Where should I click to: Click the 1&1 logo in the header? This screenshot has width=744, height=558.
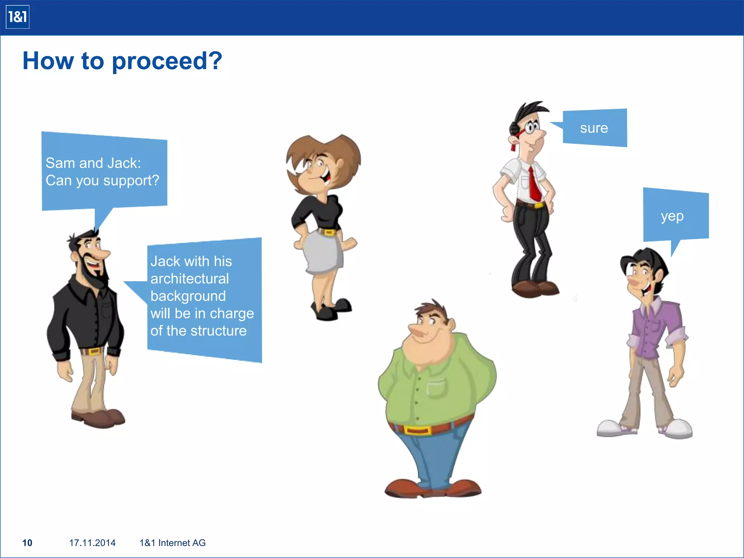point(17,17)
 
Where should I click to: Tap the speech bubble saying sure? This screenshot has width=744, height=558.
point(594,128)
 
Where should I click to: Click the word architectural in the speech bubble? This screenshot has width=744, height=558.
point(190,279)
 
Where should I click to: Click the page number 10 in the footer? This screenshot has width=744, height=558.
point(27,543)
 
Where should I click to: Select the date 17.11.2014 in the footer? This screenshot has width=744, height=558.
point(92,543)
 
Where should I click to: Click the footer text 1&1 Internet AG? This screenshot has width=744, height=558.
point(173,543)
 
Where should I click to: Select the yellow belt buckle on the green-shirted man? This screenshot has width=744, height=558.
point(417,430)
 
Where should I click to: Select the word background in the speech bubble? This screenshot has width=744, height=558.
point(188,296)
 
